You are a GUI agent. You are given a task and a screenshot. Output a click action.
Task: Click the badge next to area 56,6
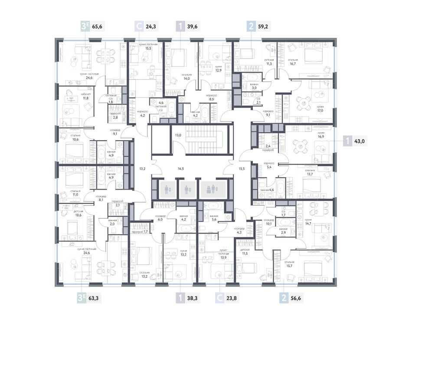[x=284, y=298]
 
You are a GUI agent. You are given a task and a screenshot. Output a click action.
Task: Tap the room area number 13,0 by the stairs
[x=178, y=135]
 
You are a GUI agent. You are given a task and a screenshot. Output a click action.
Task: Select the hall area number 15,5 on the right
[x=242, y=168]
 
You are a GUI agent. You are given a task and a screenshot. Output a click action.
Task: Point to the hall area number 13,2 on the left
[x=142, y=168]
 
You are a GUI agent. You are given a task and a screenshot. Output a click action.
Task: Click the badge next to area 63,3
[x=81, y=298]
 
